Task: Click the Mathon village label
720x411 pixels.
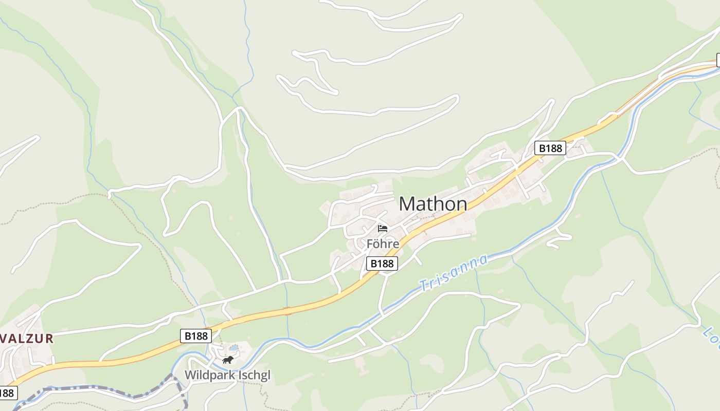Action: click(x=433, y=204)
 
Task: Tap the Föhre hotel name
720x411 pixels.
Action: click(x=383, y=244)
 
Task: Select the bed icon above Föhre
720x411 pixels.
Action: click(x=382, y=228)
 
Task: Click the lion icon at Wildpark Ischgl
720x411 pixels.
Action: click(x=228, y=360)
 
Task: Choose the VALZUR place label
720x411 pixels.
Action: click(x=27, y=339)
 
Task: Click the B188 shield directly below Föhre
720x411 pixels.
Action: click(x=383, y=264)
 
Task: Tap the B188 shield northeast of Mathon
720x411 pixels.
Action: click(x=550, y=148)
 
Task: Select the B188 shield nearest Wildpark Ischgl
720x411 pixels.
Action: click(x=196, y=336)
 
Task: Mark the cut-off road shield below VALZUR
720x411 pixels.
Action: click(x=7, y=393)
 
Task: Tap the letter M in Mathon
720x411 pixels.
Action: click(x=407, y=204)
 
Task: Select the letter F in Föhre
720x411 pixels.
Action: click(x=370, y=244)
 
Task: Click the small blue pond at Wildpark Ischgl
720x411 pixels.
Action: click(x=233, y=348)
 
